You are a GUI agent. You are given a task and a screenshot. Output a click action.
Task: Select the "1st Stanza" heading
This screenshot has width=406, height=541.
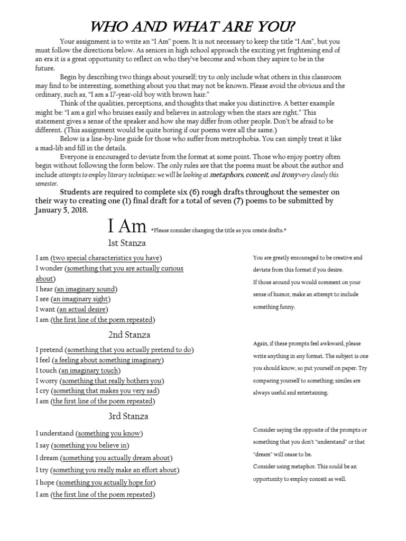point(127,243)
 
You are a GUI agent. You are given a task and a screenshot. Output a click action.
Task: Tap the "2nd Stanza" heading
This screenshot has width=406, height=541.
point(129,334)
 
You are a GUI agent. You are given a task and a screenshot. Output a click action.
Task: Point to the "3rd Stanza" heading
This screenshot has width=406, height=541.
point(128,416)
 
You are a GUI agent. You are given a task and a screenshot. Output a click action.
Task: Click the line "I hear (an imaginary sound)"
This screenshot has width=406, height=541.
point(77,289)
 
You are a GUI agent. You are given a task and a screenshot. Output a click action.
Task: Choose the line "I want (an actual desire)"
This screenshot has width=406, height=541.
point(72,309)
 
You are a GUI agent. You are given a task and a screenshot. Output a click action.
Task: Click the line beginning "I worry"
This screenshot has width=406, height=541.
point(99,381)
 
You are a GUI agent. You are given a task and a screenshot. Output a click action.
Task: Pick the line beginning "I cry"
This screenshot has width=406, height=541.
point(98,391)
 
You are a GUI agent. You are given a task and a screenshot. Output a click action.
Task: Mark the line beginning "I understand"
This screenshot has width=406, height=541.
point(89,434)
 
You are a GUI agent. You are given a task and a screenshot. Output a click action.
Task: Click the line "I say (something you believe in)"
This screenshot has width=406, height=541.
point(82,445)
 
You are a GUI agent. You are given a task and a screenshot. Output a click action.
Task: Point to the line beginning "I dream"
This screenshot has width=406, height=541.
point(104,458)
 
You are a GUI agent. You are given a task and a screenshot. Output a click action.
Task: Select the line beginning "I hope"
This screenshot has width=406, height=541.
point(96,482)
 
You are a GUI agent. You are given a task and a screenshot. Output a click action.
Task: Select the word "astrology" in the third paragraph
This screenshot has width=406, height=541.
point(223,112)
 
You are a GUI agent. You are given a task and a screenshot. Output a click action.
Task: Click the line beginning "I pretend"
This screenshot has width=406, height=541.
point(115,350)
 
